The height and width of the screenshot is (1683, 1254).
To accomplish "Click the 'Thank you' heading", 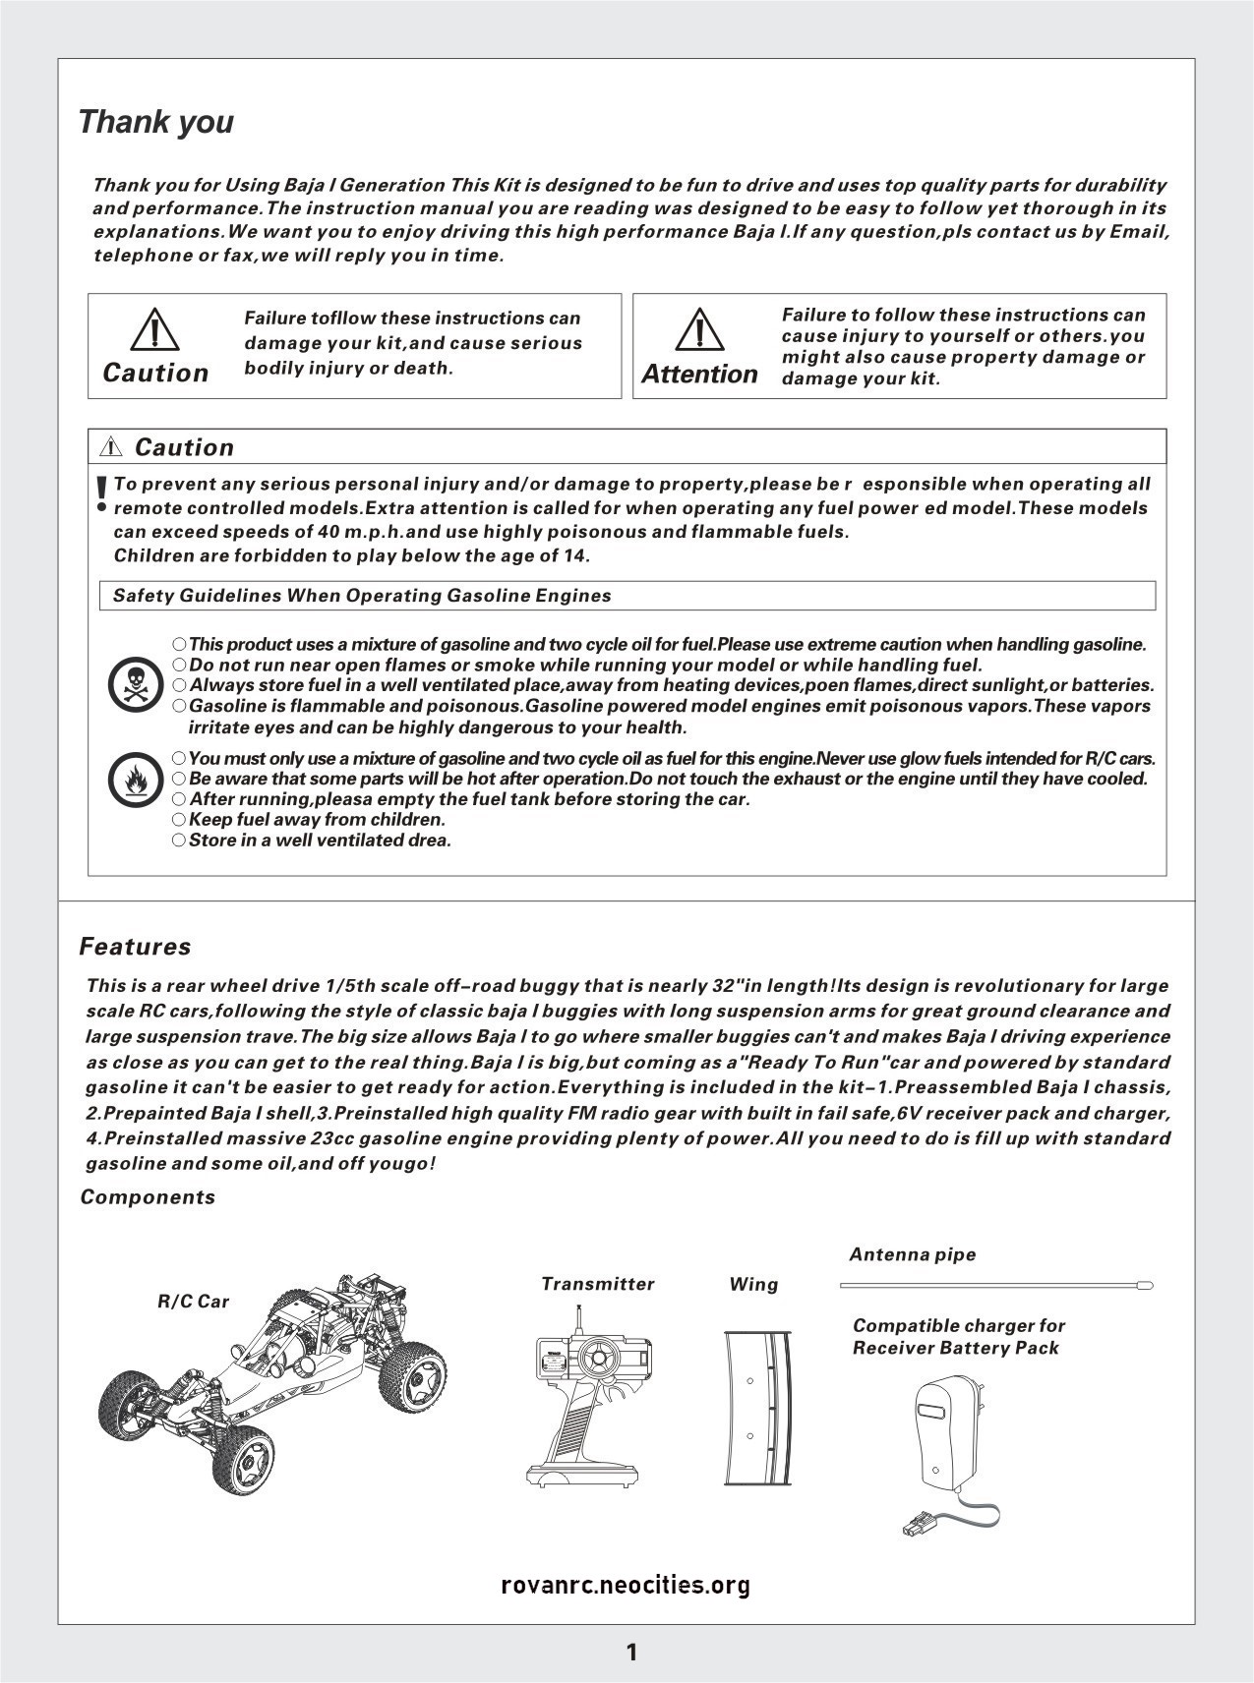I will point(155,122).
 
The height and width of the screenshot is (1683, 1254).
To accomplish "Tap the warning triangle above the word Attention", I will point(699,329).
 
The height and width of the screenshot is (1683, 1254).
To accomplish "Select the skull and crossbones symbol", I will point(136,685).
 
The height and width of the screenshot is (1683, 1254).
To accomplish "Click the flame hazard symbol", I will point(136,780).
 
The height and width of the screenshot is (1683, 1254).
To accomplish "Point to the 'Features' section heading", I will point(135,947).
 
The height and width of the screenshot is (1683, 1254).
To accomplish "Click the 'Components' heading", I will point(148,1196).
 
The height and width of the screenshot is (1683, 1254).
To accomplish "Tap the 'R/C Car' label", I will point(193,1302).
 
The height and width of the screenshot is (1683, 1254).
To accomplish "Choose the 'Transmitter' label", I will point(597,1284).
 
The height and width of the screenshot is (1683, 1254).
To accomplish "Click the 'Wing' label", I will point(753,1284).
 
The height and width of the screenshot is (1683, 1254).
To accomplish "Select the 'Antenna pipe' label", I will point(912,1254).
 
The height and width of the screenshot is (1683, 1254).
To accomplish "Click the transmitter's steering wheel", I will point(596,1360).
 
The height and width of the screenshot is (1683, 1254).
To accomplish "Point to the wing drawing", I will point(757,1408).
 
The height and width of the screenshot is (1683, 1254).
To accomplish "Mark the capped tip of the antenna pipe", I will point(1144,1285).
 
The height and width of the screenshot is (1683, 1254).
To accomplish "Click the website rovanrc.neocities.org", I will point(626,1585).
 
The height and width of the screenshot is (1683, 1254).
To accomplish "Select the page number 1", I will point(631,1653).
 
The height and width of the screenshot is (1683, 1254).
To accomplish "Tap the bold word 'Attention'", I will point(699,375).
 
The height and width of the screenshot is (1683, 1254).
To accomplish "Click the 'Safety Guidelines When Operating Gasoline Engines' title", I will point(362,596).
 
